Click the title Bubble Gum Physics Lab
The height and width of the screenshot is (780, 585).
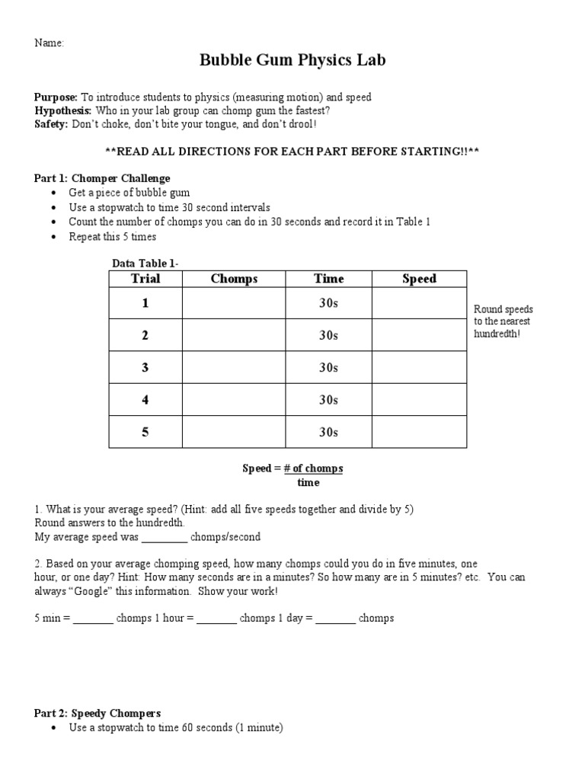[292, 61]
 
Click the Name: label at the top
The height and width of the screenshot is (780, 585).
[49, 43]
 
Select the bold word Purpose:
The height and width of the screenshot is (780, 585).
[56, 97]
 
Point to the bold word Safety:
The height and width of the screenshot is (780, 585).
[51, 123]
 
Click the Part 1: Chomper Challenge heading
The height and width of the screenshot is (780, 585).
[102, 178]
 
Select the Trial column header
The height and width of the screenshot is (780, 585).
[145, 279]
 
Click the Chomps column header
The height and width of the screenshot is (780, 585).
[234, 279]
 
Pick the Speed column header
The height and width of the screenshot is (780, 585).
[419, 279]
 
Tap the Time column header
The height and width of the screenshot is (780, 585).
[328, 279]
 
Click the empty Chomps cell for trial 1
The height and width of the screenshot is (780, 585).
[234, 303]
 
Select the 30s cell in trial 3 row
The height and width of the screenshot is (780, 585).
[328, 367]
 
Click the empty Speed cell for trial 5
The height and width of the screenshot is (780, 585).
[419, 432]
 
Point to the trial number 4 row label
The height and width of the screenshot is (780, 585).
[145, 400]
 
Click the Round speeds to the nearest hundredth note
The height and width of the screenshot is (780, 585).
[503, 321]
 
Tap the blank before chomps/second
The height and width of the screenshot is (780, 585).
[164, 538]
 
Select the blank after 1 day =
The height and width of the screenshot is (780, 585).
[335, 619]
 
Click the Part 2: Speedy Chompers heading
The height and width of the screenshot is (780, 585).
[97, 714]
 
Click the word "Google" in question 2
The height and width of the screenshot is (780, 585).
[97, 591]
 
